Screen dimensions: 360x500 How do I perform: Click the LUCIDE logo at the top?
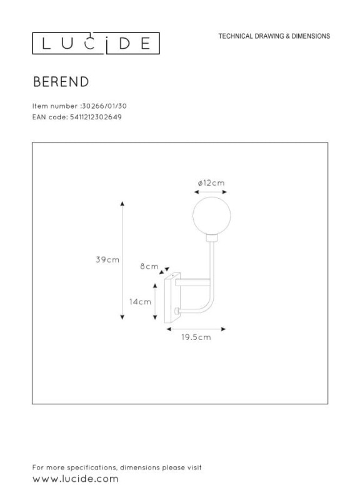tap(96, 43)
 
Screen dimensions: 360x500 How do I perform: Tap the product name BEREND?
tap(61, 82)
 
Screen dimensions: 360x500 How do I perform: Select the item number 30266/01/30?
tap(104, 106)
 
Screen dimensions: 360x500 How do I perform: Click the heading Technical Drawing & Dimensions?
tap(274, 36)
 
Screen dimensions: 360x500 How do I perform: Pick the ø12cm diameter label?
tap(211, 183)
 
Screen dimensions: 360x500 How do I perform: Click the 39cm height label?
tap(107, 260)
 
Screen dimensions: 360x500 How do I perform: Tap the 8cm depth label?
tap(149, 267)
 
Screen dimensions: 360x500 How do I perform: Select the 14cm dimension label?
tap(140, 302)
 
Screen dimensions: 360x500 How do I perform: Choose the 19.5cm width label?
tap(196, 337)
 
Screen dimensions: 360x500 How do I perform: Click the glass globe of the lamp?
tap(212, 215)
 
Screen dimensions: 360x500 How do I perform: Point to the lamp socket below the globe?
tap(211, 238)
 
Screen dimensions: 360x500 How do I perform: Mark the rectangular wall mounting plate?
tap(172, 298)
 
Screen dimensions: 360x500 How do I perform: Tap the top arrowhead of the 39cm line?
tap(122, 204)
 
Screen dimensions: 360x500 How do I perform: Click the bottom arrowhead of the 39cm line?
tap(122, 317)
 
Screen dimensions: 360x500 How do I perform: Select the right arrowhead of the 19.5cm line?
tap(224, 329)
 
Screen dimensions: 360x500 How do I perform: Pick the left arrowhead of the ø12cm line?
tap(196, 192)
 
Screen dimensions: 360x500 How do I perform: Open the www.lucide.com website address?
tap(76, 479)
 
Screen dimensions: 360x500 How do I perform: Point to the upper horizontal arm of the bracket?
tap(195, 282)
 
